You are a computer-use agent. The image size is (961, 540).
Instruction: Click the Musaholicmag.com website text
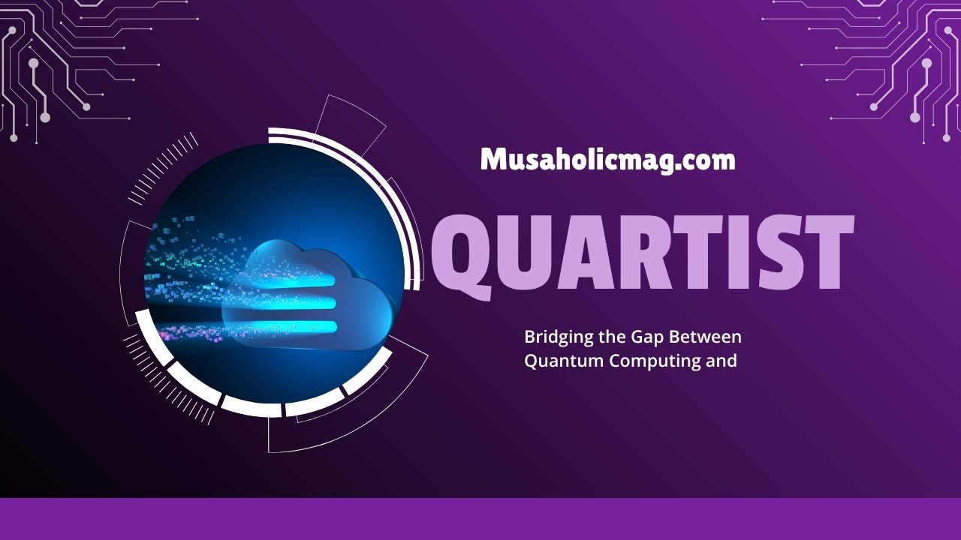coord(607,160)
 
